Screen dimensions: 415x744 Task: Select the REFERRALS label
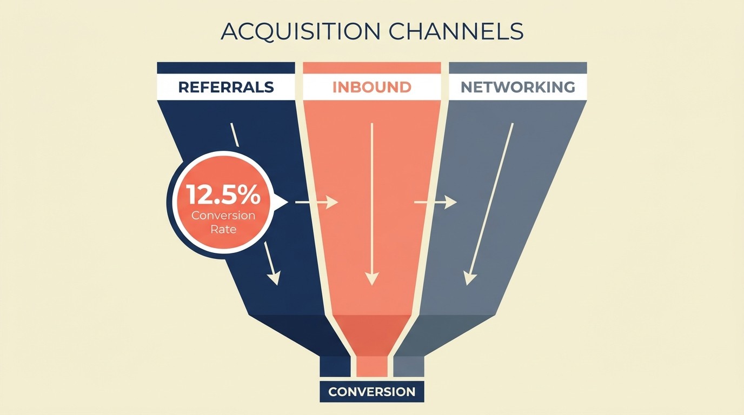(x=226, y=87)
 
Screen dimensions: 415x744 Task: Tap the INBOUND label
(x=372, y=87)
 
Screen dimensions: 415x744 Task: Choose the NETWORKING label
(x=517, y=87)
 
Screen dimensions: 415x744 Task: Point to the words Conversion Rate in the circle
(x=223, y=222)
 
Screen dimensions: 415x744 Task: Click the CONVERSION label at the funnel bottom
(x=372, y=392)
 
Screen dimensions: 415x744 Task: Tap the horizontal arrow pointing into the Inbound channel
(x=316, y=203)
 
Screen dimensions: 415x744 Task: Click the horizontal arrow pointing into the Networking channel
(x=435, y=203)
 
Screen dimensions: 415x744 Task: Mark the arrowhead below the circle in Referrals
(x=275, y=277)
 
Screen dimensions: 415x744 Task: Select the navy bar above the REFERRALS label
(x=226, y=68)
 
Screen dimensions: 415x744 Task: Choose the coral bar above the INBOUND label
(x=372, y=68)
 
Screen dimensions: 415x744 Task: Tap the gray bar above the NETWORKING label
(x=517, y=68)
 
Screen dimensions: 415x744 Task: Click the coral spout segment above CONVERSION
(x=372, y=366)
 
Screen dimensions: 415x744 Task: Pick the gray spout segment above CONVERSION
(x=408, y=366)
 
